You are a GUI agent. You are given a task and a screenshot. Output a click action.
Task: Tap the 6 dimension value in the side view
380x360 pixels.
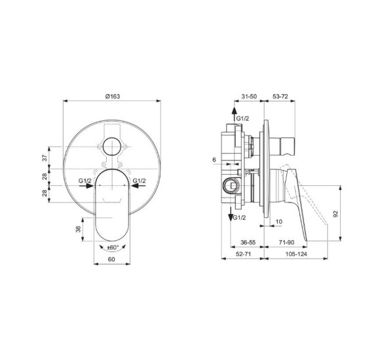[214, 160]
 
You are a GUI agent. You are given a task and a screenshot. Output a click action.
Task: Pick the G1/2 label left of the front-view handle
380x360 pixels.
[84, 180]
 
